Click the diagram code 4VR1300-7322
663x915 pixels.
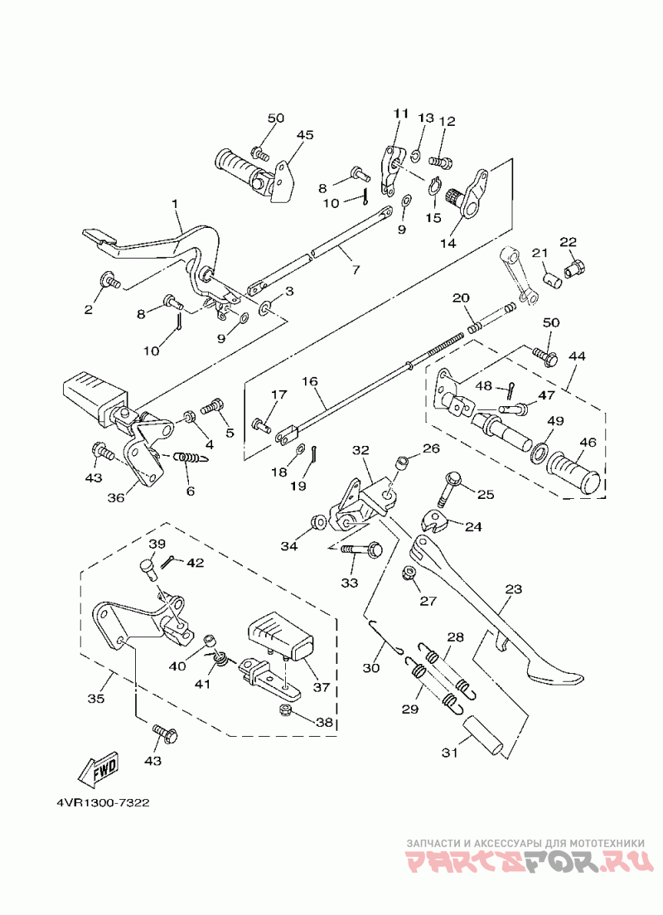click(104, 802)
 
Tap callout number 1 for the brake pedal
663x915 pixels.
click(175, 204)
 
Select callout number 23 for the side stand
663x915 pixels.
click(513, 589)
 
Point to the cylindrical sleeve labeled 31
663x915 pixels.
click(482, 737)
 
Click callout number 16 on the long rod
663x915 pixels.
click(310, 381)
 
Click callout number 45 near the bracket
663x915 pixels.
click(305, 135)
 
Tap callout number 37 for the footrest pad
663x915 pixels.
click(321, 687)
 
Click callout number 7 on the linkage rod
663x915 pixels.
click(356, 269)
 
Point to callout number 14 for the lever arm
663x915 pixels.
click(448, 243)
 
